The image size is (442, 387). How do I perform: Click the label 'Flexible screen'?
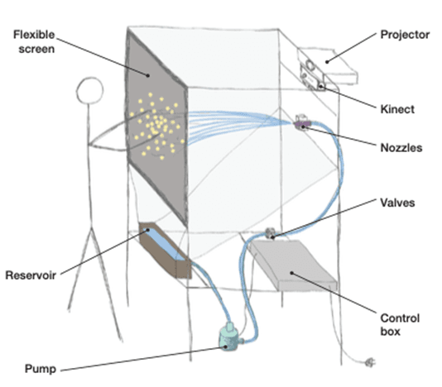pos(34,41)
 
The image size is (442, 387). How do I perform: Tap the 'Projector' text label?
pos(405,35)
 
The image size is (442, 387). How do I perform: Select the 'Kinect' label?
pos(397,109)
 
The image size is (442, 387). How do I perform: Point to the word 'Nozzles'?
pos(401,148)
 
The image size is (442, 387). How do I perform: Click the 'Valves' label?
pos(397,203)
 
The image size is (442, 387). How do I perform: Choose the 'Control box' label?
pos(400,325)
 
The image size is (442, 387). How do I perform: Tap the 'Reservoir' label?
pos(31,275)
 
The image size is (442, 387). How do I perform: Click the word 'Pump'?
pos(41,369)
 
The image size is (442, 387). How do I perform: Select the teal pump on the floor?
pos(230,337)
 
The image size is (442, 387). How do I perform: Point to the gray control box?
pos(293,265)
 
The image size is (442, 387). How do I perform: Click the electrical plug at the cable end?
pos(370,362)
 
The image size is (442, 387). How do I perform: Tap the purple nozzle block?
pos(302,124)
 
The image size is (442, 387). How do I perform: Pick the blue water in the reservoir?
pos(165,244)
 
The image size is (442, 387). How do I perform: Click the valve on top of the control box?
pos(270,232)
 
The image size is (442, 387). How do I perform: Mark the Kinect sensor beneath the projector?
pos(312,78)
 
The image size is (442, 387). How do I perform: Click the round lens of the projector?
pos(310,65)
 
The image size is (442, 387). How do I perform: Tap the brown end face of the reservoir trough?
pos(184,269)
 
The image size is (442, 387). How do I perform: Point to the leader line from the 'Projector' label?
pos(351,47)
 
